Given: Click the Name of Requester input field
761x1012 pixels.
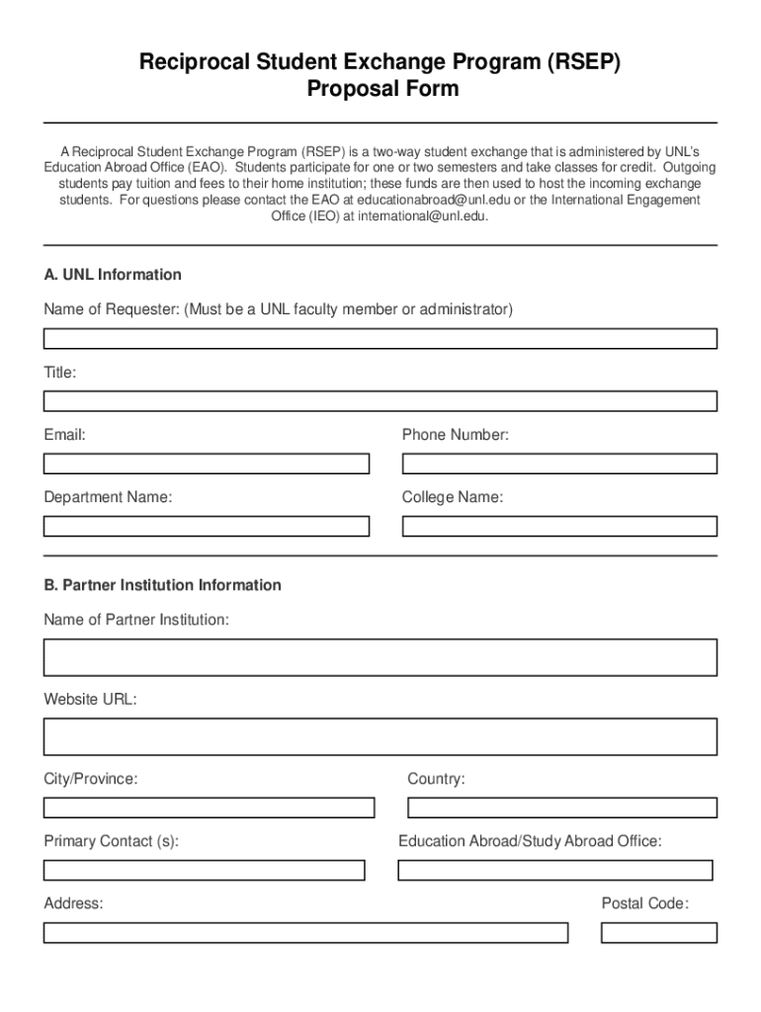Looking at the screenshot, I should (380, 339).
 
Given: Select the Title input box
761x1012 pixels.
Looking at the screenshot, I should (380, 401).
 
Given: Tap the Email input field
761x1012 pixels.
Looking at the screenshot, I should (206, 464).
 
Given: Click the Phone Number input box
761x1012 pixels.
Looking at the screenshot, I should (559, 464).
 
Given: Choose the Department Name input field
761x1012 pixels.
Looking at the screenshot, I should (206, 526).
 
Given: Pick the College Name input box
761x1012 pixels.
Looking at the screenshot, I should (559, 526).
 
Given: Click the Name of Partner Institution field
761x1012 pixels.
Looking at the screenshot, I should (380, 657).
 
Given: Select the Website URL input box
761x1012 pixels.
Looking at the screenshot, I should (380, 736).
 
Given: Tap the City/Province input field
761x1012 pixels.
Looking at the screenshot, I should (209, 807).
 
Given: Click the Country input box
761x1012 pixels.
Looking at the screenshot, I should (561, 807).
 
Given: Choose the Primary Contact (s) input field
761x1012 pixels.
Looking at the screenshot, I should (204, 870).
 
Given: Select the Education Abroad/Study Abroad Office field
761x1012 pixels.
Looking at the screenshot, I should (554, 870).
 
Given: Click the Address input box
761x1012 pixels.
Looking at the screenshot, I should (305, 932).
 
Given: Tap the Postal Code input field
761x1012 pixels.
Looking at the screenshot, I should (658, 932).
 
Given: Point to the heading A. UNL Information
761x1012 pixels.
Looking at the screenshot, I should (113, 275).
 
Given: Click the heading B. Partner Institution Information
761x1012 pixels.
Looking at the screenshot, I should (162, 585).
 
